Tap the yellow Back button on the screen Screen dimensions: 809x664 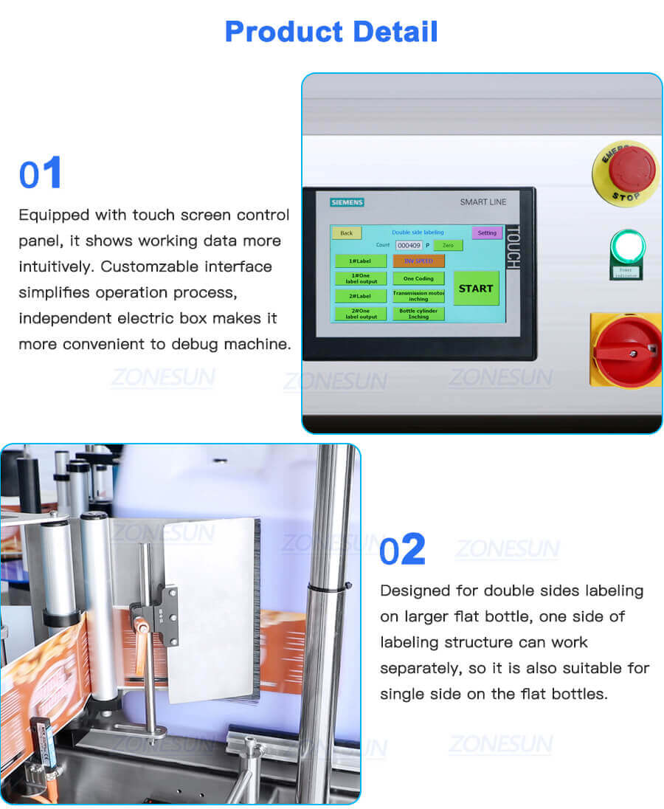346,233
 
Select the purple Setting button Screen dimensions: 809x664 487,233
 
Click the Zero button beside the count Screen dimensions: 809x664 448,245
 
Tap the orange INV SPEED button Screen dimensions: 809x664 418,261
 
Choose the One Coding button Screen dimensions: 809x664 418,278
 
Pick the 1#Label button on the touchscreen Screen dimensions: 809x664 362,261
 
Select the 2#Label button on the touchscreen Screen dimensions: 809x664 362,295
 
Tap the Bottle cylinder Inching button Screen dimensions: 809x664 418,314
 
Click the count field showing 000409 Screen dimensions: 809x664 409,245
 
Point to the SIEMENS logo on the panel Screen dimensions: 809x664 347,202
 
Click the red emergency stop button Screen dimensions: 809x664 631,167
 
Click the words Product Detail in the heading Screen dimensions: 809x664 331,32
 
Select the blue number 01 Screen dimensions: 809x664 41,174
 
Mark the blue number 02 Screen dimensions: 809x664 403,550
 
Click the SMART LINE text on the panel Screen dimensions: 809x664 483,202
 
